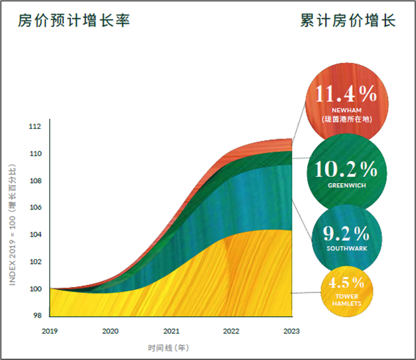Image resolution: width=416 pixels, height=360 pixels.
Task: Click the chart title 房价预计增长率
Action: [x=74, y=21]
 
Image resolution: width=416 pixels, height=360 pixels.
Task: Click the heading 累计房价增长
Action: [x=348, y=21]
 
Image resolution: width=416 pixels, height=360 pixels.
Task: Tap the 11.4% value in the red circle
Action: [x=346, y=93]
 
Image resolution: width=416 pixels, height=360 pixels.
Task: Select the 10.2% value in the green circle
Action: [x=346, y=170]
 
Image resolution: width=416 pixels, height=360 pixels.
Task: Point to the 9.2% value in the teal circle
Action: [x=346, y=233]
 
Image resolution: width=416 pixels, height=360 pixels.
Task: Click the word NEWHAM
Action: [x=346, y=111]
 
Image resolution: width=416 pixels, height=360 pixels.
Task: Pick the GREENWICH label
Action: [x=346, y=186]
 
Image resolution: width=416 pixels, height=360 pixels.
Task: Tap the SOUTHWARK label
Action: [x=346, y=249]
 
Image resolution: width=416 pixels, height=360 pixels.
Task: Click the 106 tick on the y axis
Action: [x=35, y=208]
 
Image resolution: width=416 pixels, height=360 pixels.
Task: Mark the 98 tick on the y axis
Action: [x=36, y=316]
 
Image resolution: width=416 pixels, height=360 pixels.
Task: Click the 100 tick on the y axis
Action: [x=35, y=288]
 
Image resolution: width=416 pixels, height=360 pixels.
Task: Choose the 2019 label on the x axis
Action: [x=50, y=331]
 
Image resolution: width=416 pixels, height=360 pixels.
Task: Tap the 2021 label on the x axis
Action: [x=171, y=331]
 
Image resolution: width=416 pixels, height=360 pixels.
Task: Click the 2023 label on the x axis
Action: [x=291, y=331]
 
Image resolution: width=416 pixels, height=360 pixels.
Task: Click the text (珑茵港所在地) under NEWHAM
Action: [x=346, y=119]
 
